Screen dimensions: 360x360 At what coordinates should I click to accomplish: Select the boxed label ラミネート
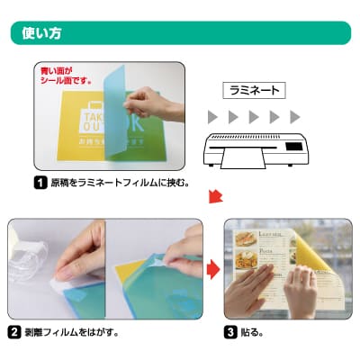(x=255, y=90)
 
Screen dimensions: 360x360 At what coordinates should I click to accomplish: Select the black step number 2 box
(x=15, y=332)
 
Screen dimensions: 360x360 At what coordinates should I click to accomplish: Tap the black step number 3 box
(x=231, y=332)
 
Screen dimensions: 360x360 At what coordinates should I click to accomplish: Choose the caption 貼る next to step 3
(x=252, y=332)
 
